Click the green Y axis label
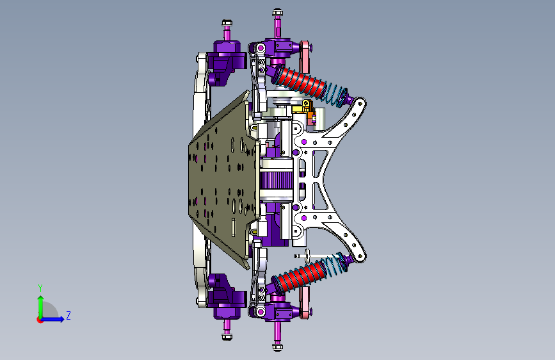click(x=40, y=288)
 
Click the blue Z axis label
click(x=68, y=315)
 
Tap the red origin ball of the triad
click(x=40, y=320)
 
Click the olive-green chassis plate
click(x=223, y=179)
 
